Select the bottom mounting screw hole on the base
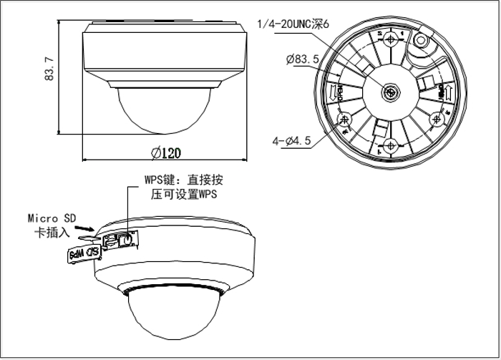(x=391, y=145)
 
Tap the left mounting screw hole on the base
(x=344, y=119)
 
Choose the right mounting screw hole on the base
(x=437, y=119)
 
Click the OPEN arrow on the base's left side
(x=332, y=92)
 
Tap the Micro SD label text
(x=51, y=218)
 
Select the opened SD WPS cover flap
(x=83, y=253)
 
